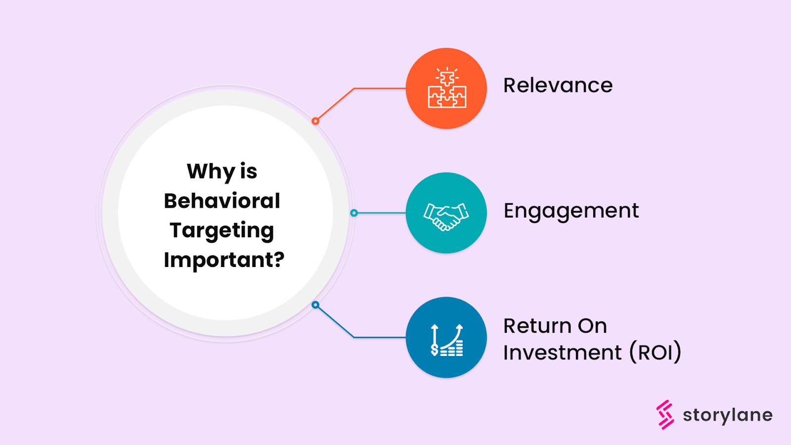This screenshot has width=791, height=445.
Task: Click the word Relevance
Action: click(x=558, y=86)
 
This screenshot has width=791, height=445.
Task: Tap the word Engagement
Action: click(x=571, y=211)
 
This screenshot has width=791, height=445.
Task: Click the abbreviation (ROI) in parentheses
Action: click(x=655, y=353)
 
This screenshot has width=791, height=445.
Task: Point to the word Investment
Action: click(x=562, y=353)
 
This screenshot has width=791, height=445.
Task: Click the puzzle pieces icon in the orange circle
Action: click(x=447, y=89)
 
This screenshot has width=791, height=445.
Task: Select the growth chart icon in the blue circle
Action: click(x=447, y=340)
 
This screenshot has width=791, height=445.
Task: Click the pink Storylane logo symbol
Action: click(x=665, y=414)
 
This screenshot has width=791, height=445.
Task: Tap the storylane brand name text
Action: click(x=727, y=415)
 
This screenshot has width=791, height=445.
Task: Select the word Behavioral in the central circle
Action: click(x=222, y=201)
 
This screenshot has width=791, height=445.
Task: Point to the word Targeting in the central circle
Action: click(x=221, y=231)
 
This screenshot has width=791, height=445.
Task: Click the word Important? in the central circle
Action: click(x=224, y=260)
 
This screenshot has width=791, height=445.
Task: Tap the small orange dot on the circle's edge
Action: click(x=315, y=121)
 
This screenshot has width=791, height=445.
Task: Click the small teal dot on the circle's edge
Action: click(x=354, y=213)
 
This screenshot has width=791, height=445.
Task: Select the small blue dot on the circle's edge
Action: click(x=315, y=305)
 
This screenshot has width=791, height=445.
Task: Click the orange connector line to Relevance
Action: click(x=380, y=89)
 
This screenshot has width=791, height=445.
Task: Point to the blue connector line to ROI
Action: click(x=380, y=338)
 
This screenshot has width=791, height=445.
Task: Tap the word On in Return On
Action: click(x=592, y=326)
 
